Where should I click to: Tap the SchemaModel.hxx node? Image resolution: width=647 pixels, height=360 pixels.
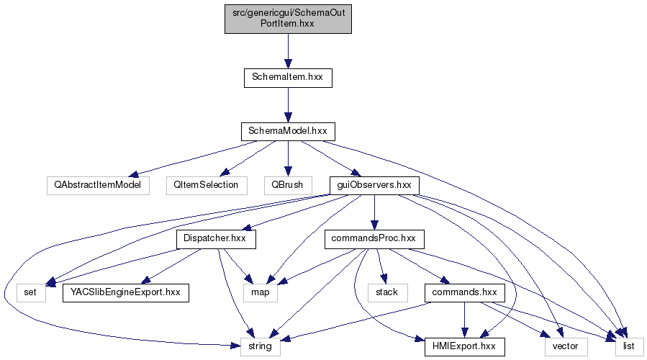[x=288, y=131]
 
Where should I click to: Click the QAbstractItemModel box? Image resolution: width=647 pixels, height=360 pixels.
[x=97, y=184]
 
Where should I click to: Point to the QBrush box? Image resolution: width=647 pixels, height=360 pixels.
[x=288, y=184]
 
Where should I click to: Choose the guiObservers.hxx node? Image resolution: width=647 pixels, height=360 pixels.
[x=374, y=184]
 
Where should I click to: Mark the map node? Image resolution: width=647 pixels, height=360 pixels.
[x=260, y=292]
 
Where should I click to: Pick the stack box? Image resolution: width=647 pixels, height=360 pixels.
[x=388, y=292]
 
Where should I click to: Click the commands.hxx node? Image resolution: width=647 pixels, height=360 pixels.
[x=465, y=292]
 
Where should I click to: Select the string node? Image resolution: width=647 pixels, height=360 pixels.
[x=260, y=346]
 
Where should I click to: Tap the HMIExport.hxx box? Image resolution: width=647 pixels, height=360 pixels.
[x=465, y=346]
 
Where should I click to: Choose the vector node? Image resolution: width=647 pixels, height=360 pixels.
[x=566, y=346]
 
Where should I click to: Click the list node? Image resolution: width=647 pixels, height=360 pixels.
[x=629, y=346]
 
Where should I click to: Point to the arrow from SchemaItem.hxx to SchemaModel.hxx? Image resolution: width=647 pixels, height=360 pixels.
[x=288, y=104]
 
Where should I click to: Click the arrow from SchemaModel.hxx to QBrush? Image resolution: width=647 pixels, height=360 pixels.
[x=288, y=158]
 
